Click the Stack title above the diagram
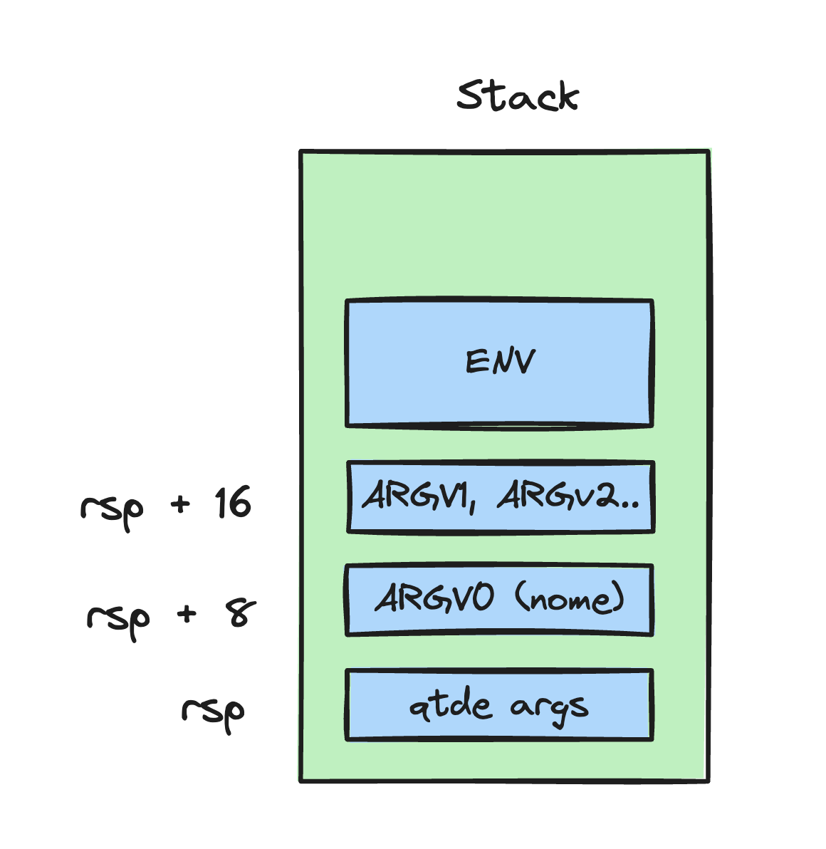coord(518,96)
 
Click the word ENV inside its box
coord(499,362)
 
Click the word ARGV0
coord(434,598)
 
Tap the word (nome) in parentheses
coord(570,598)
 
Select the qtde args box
coord(498,730)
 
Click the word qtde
coord(450,706)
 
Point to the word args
coord(549,708)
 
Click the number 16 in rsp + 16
coord(233,503)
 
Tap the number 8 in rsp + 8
coord(241,613)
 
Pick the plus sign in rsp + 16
coord(181,504)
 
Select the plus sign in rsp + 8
coord(187,614)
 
